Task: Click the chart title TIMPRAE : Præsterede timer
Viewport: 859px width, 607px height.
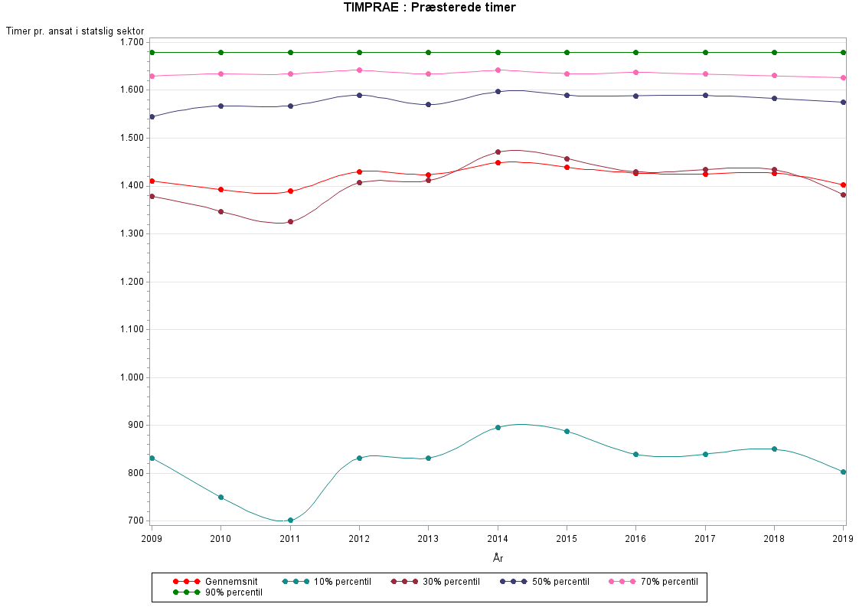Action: pyautogui.click(x=429, y=8)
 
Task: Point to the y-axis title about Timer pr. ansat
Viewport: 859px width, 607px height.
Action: pyautogui.click(x=75, y=31)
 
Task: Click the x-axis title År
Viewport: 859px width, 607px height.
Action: pyautogui.click(x=498, y=558)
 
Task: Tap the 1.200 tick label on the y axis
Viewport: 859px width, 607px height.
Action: pyautogui.click(x=132, y=282)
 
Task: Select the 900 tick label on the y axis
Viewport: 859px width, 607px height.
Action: pyautogui.click(x=136, y=426)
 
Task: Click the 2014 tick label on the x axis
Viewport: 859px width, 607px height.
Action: pyautogui.click(x=498, y=539)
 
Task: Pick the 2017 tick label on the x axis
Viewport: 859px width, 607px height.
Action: pyautogui.click(x=705, y=539)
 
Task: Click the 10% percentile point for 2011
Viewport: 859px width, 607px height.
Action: pyautogui.click(x=290, y=521)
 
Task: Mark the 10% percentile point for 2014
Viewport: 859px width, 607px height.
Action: pyautogui.click(x=498, y=427)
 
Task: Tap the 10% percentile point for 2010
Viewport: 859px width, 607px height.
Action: pyautogui.click(x=221, y=498)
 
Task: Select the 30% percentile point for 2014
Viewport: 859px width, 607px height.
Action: pyautogui.click(x=498, y=152)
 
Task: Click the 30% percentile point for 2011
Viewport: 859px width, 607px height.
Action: pyautogui.click(x=290, y=222)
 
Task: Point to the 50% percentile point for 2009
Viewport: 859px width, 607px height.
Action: pyautogui.click(x=152, y=116)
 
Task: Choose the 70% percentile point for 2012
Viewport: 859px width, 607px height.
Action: pyautogui.click(x=359, y=70)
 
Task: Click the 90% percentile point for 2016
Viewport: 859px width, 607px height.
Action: pyautogui.click(x=635, y=52)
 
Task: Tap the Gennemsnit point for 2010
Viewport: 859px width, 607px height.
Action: pyautogui.click(x=221, y=189)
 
